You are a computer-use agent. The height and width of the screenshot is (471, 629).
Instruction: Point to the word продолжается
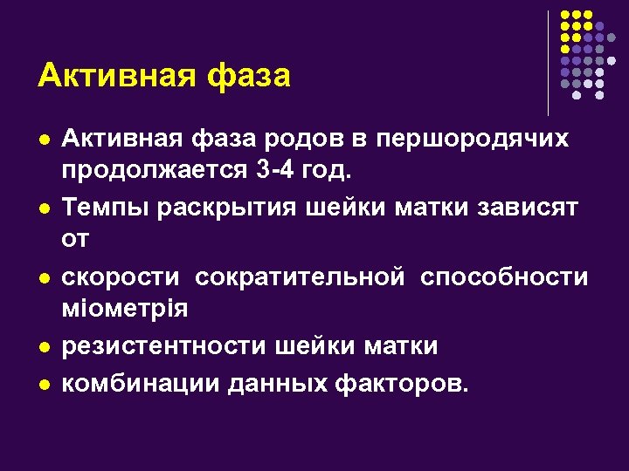pos(156,168)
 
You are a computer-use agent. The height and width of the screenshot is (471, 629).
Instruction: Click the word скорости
pos(121,277)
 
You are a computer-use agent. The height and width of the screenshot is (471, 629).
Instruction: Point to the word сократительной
pos(301,277)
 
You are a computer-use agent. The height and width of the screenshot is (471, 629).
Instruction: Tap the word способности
pos(504,277)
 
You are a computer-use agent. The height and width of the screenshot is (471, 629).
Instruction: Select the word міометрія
pos(125,307)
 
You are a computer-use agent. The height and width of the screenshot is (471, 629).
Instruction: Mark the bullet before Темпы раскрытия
pos(44,209)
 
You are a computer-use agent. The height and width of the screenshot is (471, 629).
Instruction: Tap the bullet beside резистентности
pos(44,348)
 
